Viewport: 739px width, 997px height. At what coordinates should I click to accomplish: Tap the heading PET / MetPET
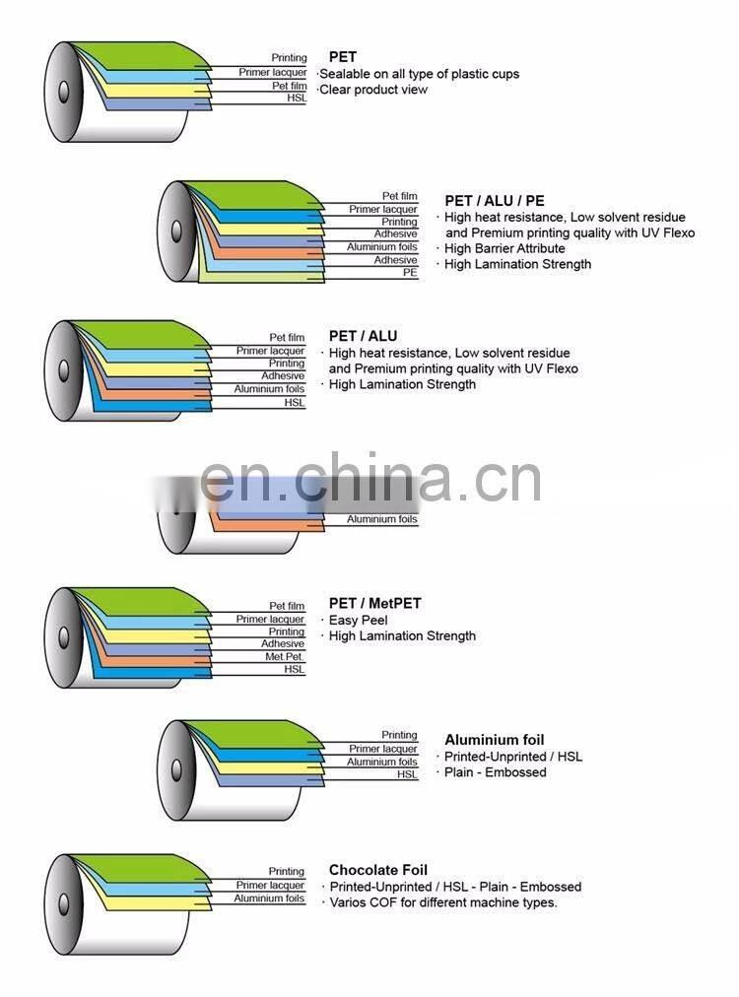(x=374, y=603)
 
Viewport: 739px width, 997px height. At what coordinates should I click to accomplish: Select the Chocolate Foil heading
(x=377, y=870)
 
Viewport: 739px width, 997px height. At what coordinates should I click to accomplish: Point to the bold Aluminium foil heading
(x=494, y=740)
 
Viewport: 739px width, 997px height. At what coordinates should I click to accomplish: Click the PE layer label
(x=410, y=273)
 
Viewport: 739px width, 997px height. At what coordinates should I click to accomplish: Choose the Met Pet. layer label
(x=285, y=657)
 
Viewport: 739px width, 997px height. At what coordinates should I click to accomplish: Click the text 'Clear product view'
(x=374, y=90)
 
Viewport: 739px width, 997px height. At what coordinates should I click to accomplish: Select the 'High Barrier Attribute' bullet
(x=504, y=248)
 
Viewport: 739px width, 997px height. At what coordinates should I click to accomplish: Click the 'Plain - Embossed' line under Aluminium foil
(x=495, y=772)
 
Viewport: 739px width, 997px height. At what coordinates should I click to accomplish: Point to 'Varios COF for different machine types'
(x=442, y=902)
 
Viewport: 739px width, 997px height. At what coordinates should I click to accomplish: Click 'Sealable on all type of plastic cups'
(x=419, y=74)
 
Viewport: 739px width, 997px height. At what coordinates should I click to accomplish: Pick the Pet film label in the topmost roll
(x=290, y=86)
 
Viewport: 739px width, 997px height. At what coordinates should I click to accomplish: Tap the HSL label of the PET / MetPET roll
(x=295, y=670)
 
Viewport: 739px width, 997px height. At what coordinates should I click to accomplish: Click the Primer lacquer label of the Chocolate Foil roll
(x=270, y=886)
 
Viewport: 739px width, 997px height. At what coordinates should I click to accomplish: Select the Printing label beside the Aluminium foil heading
(x=399, y=735)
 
